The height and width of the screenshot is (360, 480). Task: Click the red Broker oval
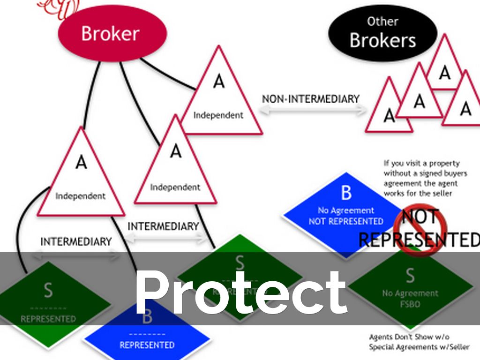coord(112,33)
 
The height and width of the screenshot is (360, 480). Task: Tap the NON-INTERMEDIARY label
coord(310,99)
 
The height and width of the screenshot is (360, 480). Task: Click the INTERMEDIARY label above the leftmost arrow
coord(76,242)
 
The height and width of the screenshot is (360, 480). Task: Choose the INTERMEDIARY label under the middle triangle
coord(163,226)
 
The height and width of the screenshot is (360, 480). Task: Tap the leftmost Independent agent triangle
coord(81,178)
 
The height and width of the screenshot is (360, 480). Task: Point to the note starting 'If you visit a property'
coord(421,178)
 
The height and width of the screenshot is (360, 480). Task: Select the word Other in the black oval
coord(382,22)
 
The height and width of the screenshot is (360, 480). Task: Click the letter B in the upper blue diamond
coord(346,193)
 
